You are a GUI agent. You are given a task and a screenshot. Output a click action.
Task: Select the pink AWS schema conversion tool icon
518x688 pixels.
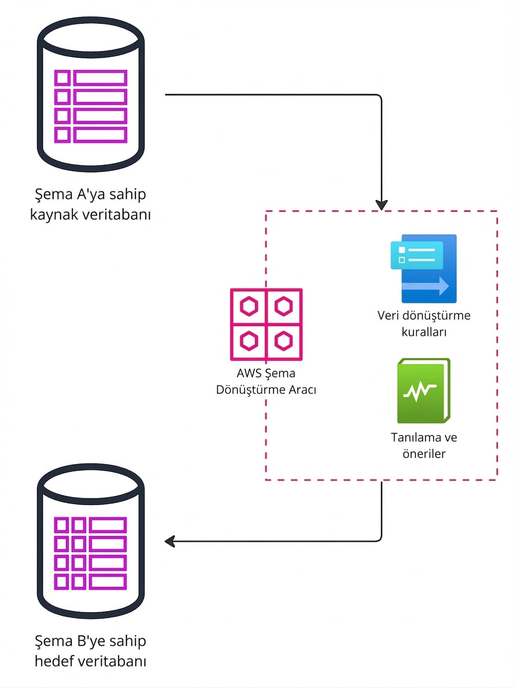tap(266, 324)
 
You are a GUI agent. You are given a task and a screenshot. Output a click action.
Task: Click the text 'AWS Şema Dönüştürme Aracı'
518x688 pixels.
tap(266, 382)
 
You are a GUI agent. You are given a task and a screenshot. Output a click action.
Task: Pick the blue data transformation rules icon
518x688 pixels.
tap(424, 268)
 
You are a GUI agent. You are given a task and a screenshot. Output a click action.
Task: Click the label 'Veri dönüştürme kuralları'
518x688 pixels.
tap(424, 324)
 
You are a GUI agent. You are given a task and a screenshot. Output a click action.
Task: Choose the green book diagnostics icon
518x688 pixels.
tap(424, 391)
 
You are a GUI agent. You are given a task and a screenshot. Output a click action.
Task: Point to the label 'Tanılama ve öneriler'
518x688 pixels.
tap(424, 445)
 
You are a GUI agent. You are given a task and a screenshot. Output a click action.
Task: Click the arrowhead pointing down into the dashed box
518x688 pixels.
tap(382, 205)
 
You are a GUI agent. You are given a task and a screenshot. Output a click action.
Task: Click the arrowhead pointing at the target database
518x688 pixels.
tap(170, 541)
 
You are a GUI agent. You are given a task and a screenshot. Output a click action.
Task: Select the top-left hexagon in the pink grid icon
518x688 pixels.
tap(249, 306)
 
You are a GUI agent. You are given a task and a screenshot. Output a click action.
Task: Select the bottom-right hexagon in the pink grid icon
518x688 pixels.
tap(283, 341)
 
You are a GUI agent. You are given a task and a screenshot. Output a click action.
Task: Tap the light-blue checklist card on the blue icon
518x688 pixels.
tap(416, 255)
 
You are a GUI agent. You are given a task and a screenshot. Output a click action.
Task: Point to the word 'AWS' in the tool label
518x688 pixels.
tap(242, 373)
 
